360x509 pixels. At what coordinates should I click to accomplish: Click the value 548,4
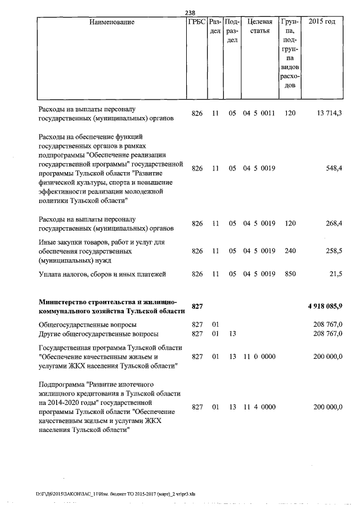pos(332,168)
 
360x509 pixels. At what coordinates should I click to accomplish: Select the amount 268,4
pos(332,223)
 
